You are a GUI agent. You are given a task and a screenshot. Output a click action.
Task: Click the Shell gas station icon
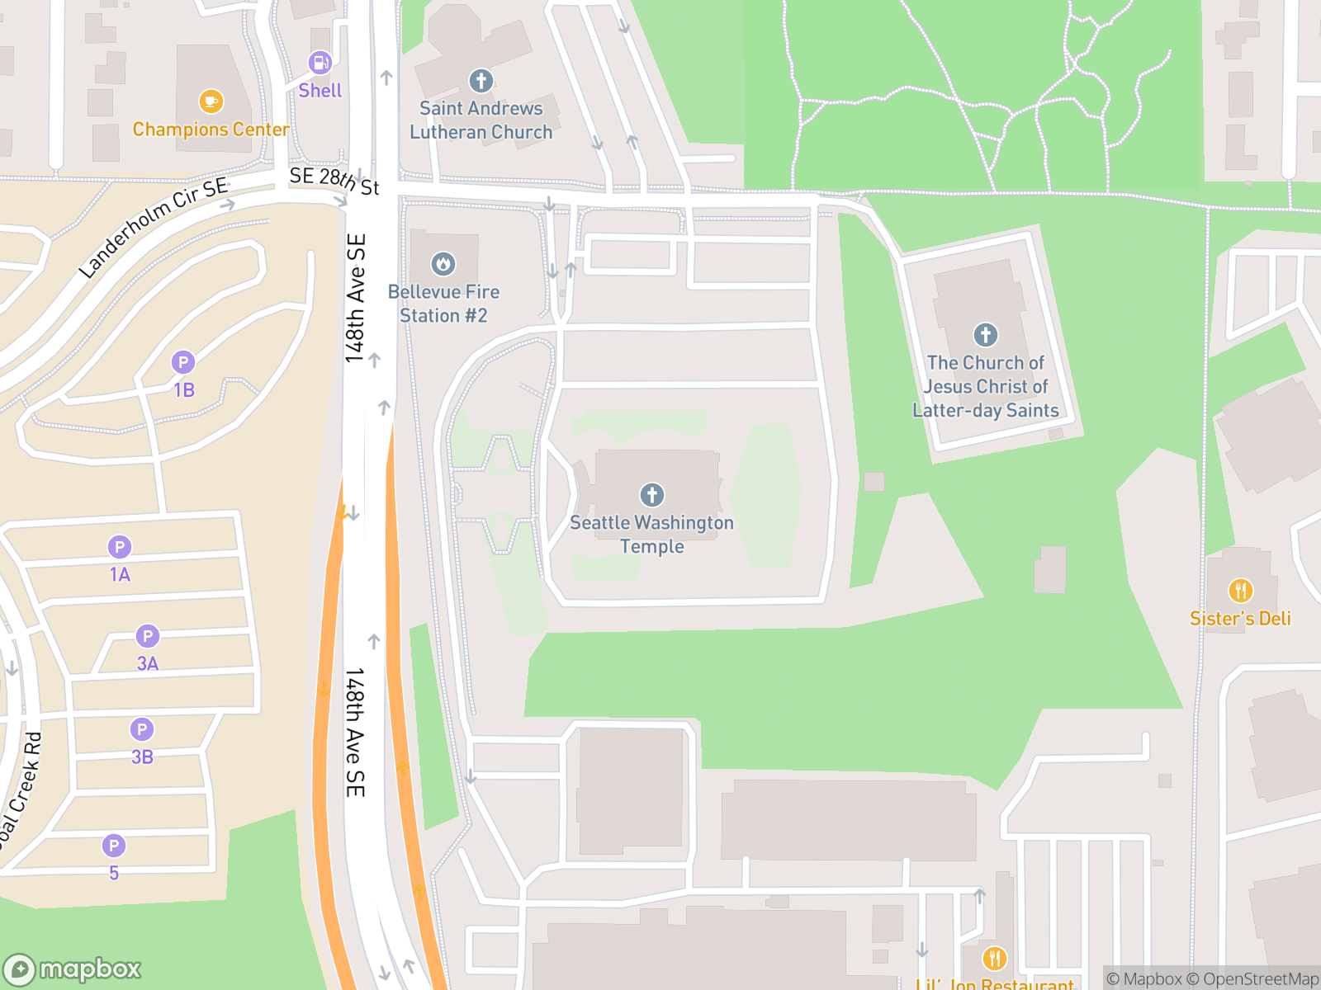click(320, 63)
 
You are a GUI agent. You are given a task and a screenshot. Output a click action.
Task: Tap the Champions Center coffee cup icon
click(211, 101)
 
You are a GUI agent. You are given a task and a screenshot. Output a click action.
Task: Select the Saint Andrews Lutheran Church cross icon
click(481, 81)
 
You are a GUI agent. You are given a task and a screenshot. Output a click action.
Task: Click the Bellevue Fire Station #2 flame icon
click(443, 264)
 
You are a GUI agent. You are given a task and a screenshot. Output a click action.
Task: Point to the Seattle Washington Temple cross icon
click(652, 495)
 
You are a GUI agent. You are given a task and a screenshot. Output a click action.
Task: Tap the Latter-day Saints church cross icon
click(985, 335)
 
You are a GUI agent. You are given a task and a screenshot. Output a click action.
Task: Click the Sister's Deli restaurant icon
click(1240, 591)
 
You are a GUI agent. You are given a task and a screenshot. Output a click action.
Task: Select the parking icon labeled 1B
click(183, 362)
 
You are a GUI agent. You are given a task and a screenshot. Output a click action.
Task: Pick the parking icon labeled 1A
click(120, 547)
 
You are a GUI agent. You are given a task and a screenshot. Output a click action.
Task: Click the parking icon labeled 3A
click(148, 636)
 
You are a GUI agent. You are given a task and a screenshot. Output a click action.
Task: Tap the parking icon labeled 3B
click(142, 729)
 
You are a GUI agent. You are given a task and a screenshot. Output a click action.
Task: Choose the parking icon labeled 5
click(114, 846)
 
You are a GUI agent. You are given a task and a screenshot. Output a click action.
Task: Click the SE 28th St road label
click(334, 181)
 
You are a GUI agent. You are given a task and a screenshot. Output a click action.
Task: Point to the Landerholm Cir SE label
click(154, 226)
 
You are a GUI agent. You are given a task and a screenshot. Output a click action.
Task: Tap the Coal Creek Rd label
click(20, 789)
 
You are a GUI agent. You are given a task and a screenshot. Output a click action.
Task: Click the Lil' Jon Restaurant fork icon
click(994, 959)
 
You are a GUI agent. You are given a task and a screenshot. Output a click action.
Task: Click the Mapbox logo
click(73, 969)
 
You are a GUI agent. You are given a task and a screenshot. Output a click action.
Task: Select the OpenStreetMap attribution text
click(1261, 979)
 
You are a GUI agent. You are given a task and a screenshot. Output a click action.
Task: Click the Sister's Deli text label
click(1240, 619)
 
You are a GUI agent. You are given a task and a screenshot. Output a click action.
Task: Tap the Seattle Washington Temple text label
click(652, 535)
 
